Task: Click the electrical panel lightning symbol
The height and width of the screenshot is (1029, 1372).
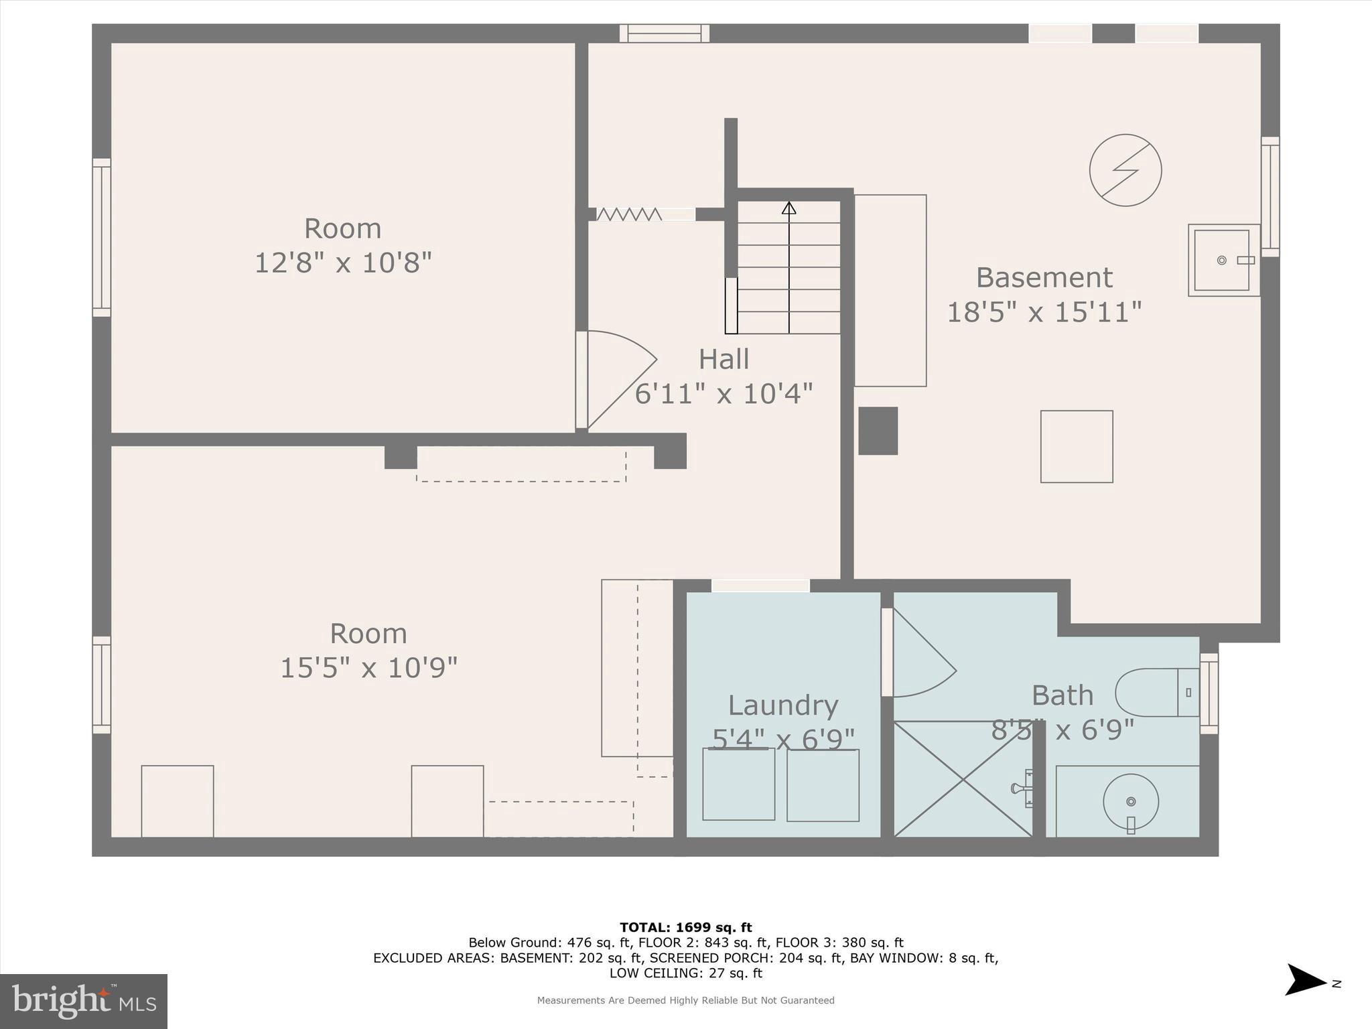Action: (1125, 170)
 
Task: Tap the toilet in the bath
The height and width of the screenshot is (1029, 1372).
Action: (1156, 692)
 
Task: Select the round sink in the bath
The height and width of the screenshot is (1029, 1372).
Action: (1131, 802)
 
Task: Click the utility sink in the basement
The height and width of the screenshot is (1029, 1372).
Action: (1221, 260)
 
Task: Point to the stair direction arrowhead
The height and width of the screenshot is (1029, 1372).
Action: (789, 208)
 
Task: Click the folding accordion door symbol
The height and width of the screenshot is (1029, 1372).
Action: (629, 214)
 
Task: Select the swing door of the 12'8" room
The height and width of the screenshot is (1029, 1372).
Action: (616, 379)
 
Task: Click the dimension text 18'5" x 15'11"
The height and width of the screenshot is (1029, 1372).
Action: (1044, 312)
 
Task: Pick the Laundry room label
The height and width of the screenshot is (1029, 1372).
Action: (783, 705)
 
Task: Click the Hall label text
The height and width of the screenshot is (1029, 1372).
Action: (724, 359)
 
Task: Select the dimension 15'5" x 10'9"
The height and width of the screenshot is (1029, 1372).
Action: (368, 668)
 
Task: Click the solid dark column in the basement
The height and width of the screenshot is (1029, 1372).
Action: (878, 431)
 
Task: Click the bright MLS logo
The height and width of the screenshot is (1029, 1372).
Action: (84, 1002)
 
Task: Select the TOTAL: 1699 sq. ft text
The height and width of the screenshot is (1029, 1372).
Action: (685, 927)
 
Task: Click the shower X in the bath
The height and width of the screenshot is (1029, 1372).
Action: (963, 779)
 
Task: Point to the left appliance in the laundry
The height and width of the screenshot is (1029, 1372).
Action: (738, 784)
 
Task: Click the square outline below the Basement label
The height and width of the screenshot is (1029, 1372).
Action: (1077, 447)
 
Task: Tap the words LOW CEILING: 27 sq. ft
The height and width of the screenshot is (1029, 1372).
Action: (685, 973)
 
